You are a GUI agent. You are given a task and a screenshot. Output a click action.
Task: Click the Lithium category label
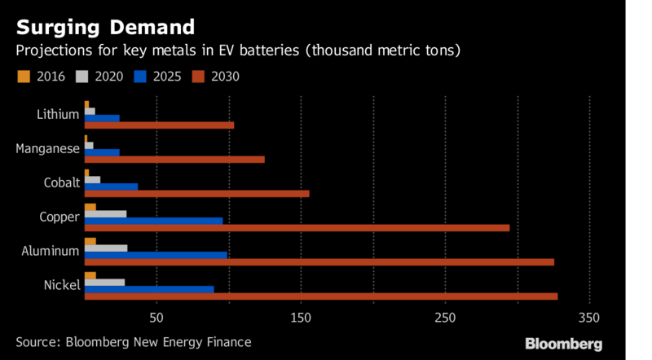point(59,114)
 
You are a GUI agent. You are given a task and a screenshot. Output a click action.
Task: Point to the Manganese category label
point(48,148)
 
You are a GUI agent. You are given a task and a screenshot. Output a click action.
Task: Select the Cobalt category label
point(63,182)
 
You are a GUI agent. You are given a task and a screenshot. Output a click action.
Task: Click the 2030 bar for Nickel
point(321,296)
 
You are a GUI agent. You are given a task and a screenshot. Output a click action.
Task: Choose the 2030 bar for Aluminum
point(319,262)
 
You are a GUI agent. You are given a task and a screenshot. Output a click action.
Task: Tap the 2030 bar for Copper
point(297,227)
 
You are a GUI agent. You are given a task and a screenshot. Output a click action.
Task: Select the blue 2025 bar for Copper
point(153,221)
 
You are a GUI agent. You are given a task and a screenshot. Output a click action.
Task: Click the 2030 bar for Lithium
point(159,125)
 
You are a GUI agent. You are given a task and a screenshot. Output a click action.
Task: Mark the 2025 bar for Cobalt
point(111,187)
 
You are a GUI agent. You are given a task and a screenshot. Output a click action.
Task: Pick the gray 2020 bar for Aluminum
point(106,248)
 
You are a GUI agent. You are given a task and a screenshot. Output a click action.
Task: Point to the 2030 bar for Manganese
point(174,159)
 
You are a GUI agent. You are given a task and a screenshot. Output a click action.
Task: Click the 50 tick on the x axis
point(157,316)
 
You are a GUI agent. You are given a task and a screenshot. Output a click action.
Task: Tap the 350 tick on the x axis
point(589,316)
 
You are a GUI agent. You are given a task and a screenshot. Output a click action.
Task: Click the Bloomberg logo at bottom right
point(563,343)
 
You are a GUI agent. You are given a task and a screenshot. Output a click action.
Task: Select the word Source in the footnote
point(37,342)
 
